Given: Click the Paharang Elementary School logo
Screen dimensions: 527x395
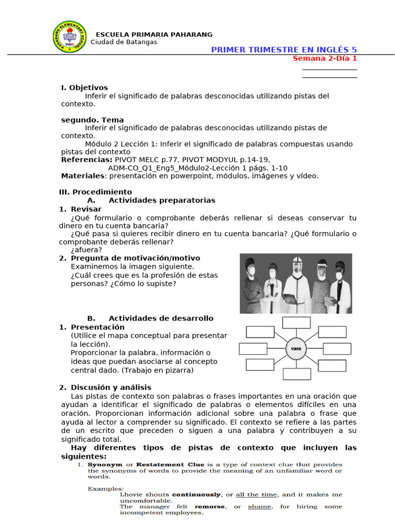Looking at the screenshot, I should point(70,38).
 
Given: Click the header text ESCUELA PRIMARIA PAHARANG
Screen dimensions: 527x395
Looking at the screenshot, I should point(154,34).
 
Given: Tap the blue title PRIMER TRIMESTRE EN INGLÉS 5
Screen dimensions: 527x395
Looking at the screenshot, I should point(284,49).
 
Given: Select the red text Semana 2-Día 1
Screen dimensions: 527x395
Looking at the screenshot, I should point(325,58).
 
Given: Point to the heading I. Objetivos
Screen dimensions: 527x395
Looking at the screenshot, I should point(84,87).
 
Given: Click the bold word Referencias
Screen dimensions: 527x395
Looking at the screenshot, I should point(86,160).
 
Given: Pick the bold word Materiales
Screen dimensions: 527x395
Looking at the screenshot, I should point(83,176).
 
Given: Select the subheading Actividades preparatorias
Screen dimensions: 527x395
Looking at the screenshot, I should point(162,200).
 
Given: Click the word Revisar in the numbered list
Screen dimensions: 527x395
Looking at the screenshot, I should point(86,209).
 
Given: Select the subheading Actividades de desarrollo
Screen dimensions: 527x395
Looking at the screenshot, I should point(161,319).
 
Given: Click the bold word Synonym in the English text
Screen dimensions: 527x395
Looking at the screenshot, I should point(105,464).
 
